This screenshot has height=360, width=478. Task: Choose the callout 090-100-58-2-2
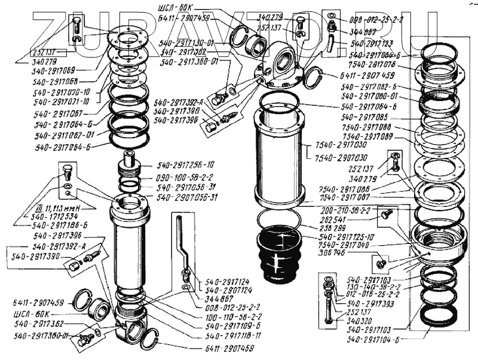coord(186,177)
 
